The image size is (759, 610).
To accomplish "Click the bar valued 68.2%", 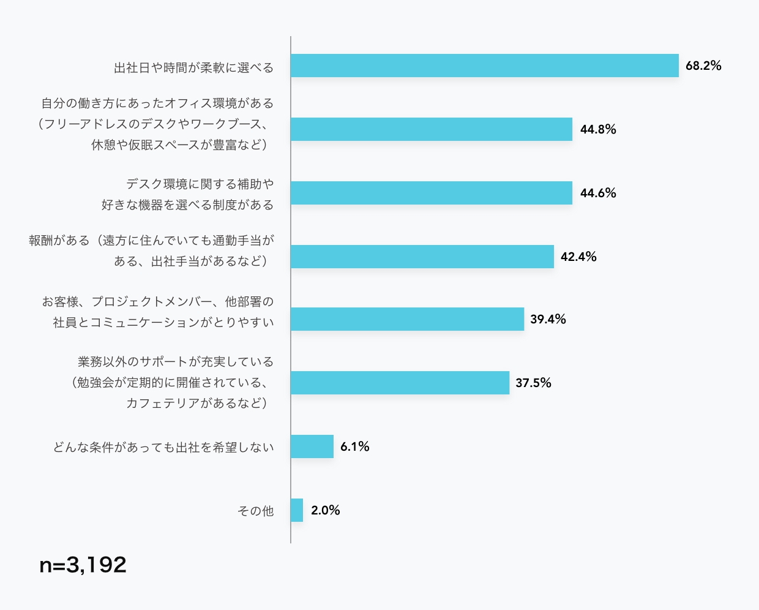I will (484, 66).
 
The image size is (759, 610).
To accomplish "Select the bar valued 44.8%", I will (431, 129).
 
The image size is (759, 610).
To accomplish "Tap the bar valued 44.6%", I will (431, 193).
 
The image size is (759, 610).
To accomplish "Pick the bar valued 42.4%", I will (422, 257).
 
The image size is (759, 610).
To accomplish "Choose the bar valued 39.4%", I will (407, 319).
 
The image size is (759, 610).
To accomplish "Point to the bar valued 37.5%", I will (400, 383).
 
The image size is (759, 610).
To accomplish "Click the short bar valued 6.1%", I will (312, 446).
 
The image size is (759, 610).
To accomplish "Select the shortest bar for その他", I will (297, 510).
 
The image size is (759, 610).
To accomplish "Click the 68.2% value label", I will (703, 66).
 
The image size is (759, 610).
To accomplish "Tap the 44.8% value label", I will (598, 129).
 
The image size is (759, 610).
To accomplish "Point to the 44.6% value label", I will (598, 193).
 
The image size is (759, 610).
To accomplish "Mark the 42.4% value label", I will (578, 257).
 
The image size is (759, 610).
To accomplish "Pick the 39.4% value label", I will (548, 319).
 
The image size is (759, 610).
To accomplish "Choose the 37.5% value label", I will (533, 383).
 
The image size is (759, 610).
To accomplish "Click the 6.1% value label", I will (355, 446).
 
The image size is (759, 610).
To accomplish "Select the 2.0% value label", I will (325, 510).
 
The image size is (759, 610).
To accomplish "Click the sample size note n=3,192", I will (83, 565).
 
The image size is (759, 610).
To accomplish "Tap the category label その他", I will (255, 511).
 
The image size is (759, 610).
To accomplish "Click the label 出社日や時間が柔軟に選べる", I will (193, 67).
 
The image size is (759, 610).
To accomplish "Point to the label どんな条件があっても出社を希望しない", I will (163, 447).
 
